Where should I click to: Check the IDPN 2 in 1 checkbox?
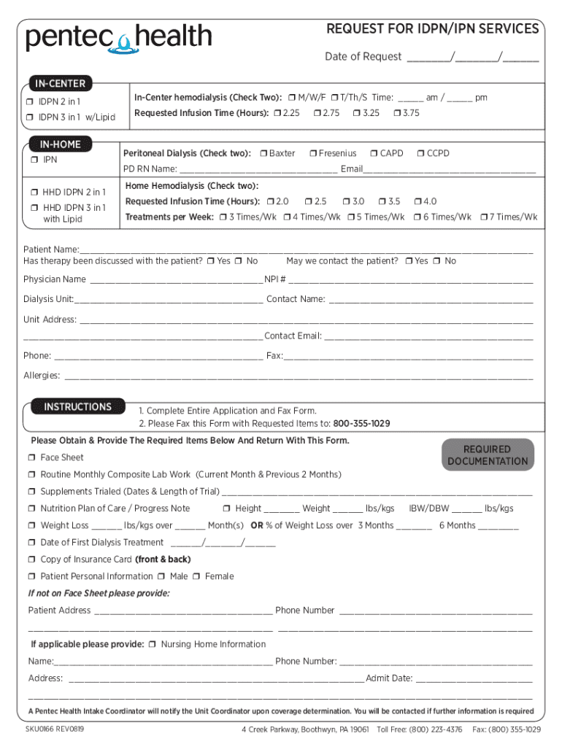click(x=31, y=101)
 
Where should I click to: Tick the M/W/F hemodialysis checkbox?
click(x=291, y=98)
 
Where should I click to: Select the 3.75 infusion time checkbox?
click(x=396, y=113)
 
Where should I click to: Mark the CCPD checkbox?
click(x=420, y=153)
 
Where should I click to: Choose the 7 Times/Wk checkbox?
click(x=483, y=217)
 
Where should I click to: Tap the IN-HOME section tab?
click(x=61, y=144)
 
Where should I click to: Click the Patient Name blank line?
click(x=307, y=250)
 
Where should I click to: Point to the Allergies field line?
click(x=299, y=377)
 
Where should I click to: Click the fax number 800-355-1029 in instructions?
click(x=361, y=424)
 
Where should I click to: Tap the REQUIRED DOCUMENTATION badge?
click(x=488, y=455)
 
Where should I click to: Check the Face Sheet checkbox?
click(x=32, y=457)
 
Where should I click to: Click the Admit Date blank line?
click(x=474, y=680)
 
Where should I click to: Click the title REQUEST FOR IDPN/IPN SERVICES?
click(x=432, y=29)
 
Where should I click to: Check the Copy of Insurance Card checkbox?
click(x=32, y=560)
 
